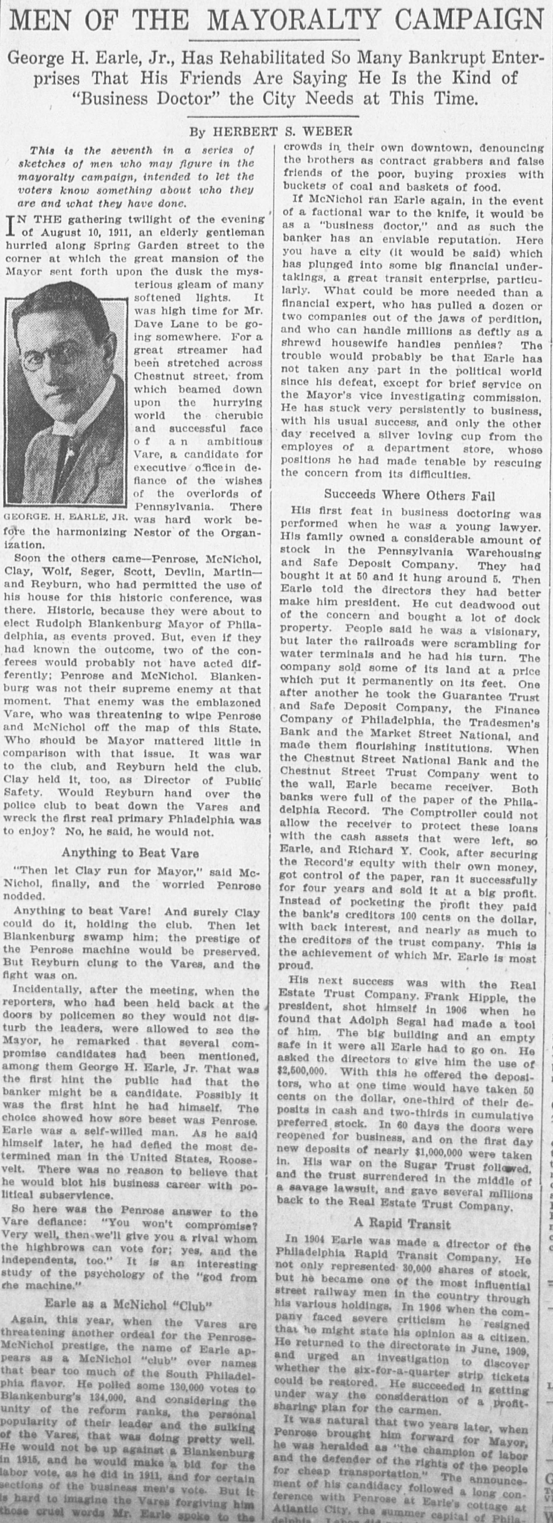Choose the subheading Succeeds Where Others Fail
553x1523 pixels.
coord(409,495)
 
